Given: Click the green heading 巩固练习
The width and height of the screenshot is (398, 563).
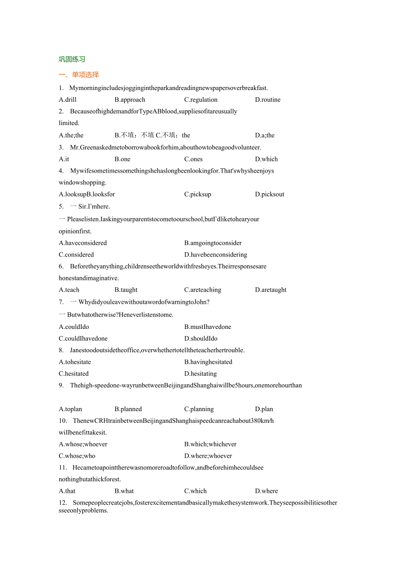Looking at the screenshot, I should pos(72,59).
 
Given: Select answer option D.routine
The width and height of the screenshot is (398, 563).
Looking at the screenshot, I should pos(267,100).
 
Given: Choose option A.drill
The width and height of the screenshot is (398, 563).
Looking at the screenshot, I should pos(67,100).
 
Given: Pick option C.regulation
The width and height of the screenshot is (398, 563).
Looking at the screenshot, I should pos(201,100).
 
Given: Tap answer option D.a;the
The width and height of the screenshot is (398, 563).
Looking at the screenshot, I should pos(265,135).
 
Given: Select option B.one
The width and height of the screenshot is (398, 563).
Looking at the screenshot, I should pos(122,159).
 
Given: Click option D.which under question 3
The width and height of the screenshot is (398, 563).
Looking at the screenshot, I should pos(266,159).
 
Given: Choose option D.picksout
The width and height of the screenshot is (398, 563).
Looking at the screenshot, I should pos(270,194).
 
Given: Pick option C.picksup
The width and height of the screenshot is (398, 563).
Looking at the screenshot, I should pos(198,194).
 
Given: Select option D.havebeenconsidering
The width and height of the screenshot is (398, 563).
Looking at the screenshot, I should pos(215,254).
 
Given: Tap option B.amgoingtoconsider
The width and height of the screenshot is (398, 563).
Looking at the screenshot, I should pos(213,243).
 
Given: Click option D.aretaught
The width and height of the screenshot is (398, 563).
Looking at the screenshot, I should pos(271,290).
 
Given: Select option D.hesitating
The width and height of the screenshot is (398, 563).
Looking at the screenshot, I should pos(200,373).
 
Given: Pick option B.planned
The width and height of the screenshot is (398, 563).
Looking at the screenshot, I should pos(128,409).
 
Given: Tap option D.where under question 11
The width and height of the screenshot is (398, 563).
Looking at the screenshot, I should pos(266,491).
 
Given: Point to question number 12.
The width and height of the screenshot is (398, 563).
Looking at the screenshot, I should pos(63,502).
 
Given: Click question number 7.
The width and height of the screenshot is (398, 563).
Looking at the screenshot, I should pos(61,302).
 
